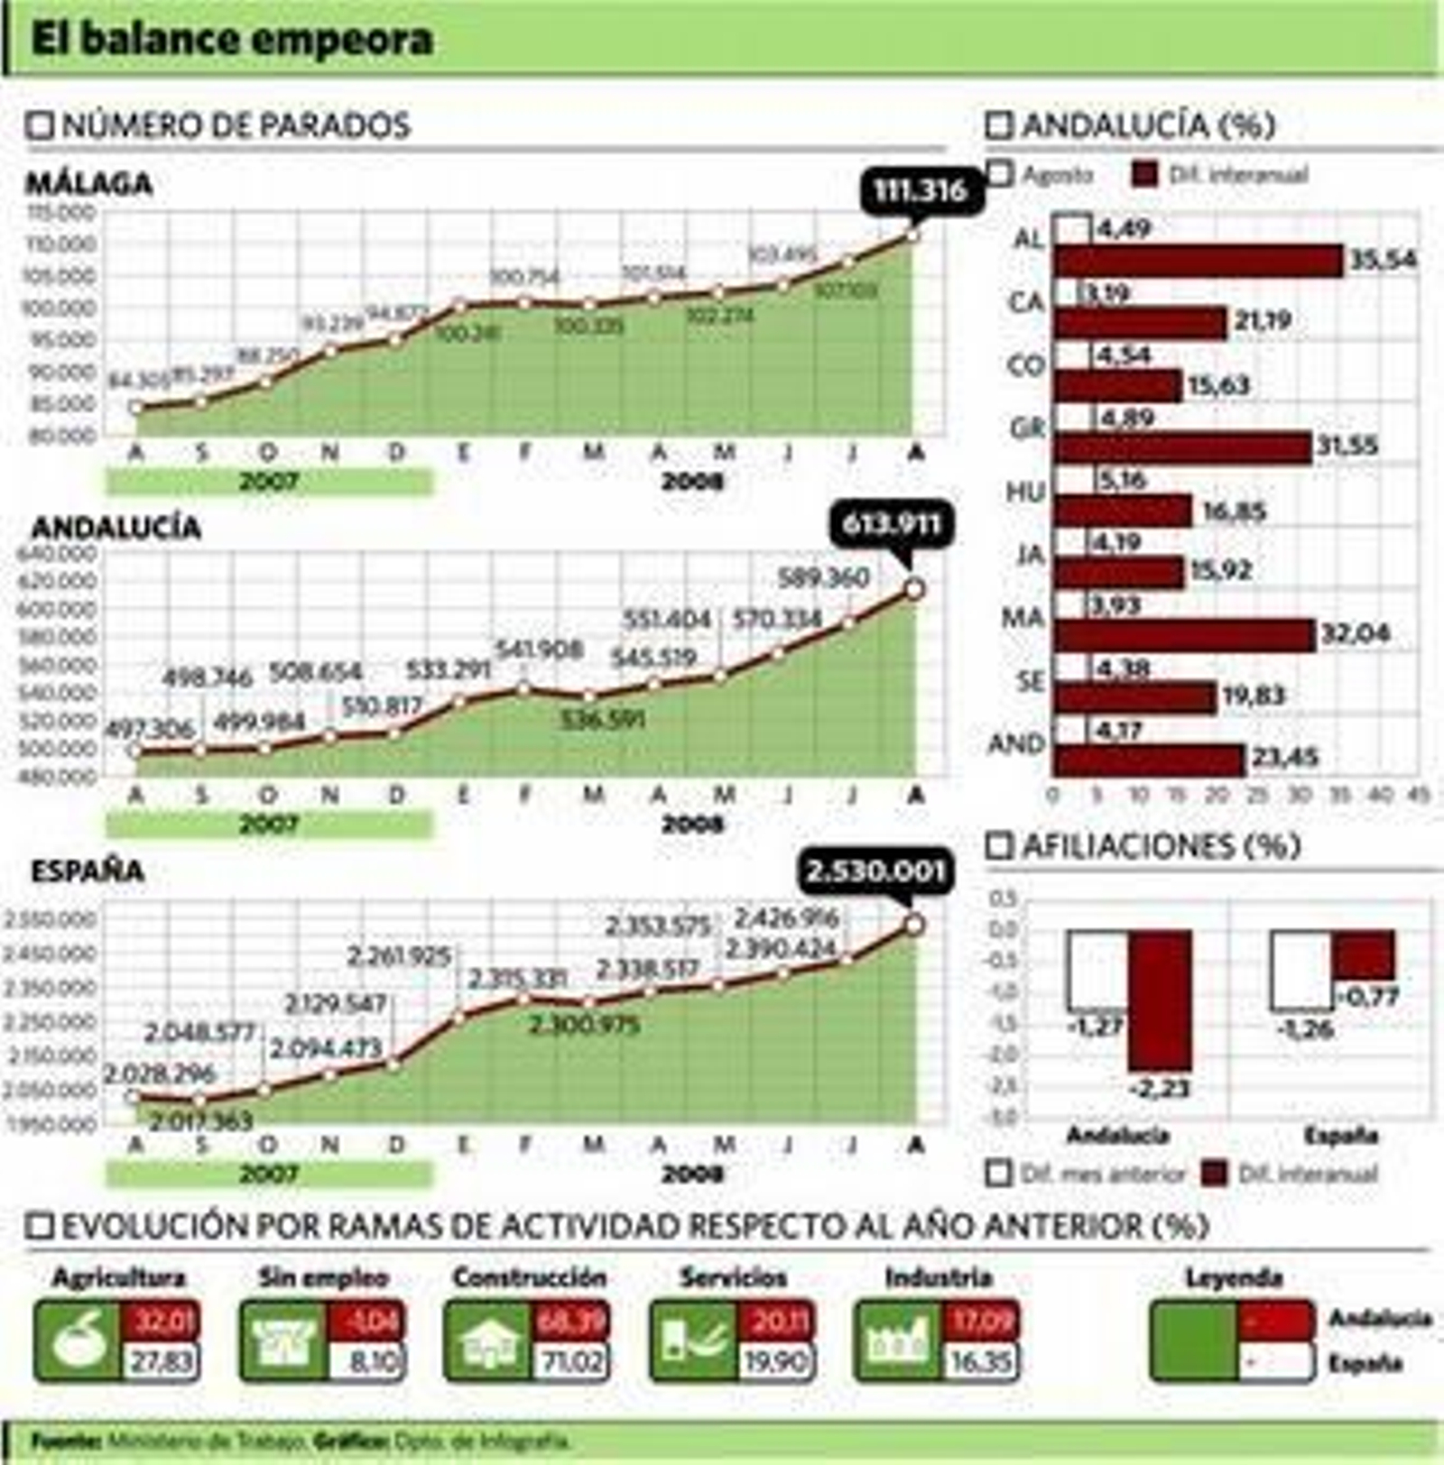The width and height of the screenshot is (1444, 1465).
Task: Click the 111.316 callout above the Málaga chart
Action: (x=920, y=190)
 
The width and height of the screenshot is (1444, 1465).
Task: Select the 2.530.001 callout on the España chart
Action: (x=875, y=871)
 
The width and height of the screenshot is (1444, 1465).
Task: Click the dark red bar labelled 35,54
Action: (x=1199, y=261)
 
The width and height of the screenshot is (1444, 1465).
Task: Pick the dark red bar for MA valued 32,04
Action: (x=1184, y=635)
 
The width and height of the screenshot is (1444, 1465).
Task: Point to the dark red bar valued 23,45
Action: (x=1149, y=760)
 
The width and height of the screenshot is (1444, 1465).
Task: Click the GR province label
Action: (x=1027, y=428)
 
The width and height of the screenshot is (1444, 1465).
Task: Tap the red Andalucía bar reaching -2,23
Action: (x=1160, y=1000)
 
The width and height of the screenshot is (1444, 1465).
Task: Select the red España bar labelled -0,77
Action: (x=1364, y=954)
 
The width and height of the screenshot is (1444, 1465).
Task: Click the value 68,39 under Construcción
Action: (x=571, y=1321)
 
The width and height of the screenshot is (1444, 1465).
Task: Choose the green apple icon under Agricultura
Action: (x=78, y=1341)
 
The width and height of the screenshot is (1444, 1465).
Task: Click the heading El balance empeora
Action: (x=232, y=40)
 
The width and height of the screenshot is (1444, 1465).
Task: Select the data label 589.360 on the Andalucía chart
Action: (x=823, y=577)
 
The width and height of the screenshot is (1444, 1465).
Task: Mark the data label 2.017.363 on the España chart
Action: (x=200, y=1122)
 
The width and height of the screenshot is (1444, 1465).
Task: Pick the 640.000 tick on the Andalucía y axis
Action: (x=56, y=553)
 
